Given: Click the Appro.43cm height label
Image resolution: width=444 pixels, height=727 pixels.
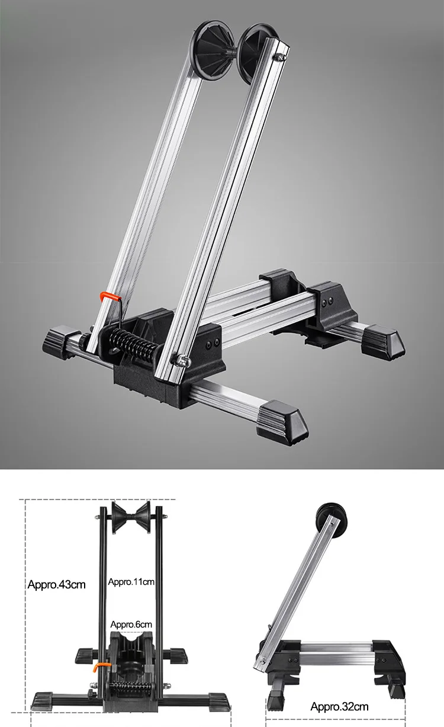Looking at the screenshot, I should pos(57,585).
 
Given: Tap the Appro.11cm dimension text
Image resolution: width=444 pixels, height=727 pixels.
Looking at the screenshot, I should pos(131,582).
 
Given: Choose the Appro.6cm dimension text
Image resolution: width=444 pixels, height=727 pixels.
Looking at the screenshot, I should pos(131,624).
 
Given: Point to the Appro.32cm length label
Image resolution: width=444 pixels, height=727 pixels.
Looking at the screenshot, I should pos(339,706).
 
